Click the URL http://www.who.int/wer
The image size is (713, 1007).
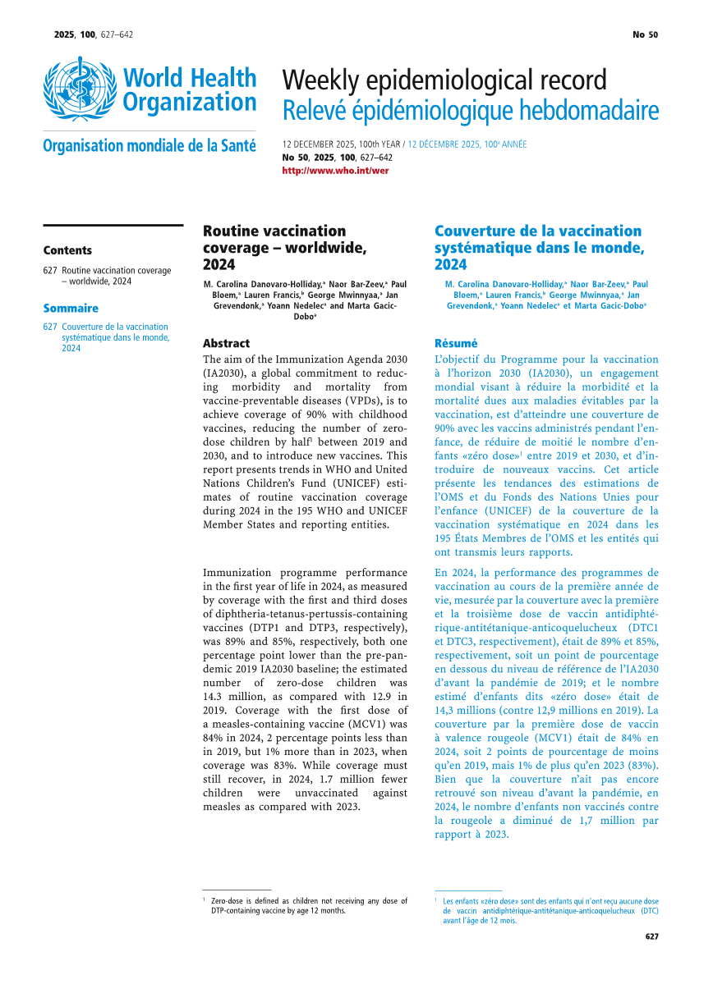(335, 171)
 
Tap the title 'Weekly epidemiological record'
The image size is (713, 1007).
(444, 80)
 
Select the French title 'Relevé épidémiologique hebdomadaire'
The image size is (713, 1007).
(470, 110)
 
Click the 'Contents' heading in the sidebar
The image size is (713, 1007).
(67, 250)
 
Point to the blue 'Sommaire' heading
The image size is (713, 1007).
(71, 309)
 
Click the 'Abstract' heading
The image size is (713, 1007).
(226, 343)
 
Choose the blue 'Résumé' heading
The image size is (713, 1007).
(456, 343)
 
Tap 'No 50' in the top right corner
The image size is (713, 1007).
(645, 34)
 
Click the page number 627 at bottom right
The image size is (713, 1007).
(651, 936)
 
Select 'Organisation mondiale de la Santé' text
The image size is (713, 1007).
(149, 146)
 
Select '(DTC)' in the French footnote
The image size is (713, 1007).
(650, 911)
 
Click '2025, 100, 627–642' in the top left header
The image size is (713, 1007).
(93, 34)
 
